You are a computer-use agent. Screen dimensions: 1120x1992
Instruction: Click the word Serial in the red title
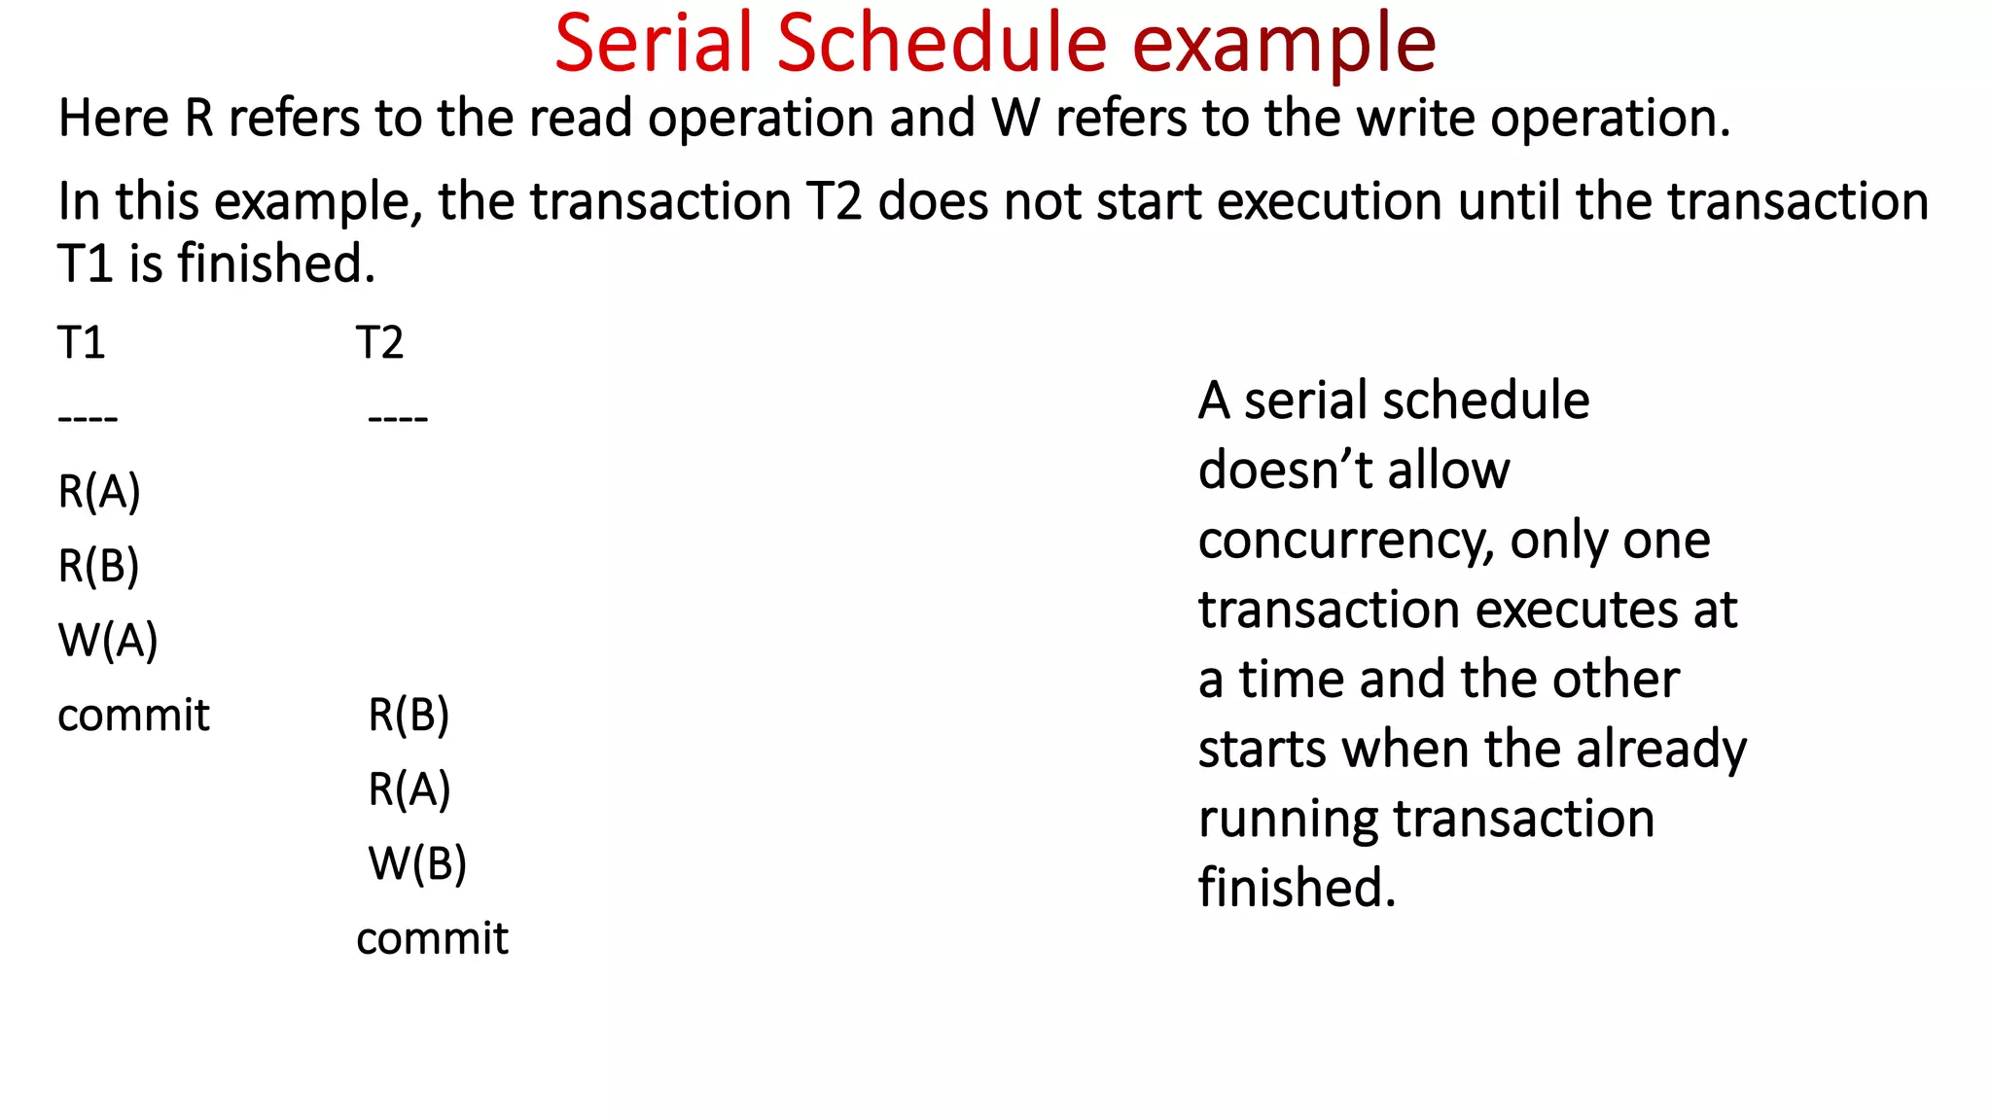(x=654, y=44)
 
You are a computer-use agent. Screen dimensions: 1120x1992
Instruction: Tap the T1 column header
(x=81, y=343)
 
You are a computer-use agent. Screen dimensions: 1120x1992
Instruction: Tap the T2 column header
(x=379, y=343)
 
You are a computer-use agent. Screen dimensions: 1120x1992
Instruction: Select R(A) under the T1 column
(x=99, y=492)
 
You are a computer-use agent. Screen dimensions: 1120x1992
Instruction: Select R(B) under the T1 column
(x=99, y=566)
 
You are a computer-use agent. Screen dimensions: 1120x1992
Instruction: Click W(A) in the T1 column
(x=108, y=641)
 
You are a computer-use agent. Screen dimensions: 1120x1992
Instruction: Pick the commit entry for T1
(x=133, y=716)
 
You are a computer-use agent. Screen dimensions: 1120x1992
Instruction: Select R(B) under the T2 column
(x=409, y=716)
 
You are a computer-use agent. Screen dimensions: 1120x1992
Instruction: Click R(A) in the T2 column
(x=409, y=789)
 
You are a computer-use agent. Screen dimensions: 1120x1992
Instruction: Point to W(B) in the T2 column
(x=417, y=863)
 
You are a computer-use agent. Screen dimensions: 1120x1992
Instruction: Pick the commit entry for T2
(x=432, y=939)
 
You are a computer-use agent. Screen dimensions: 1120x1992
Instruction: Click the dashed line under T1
(x=88, y=419)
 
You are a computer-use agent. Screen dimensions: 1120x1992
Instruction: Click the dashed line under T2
(x=398, y=419)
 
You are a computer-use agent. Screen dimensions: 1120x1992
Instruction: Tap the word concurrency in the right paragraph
(x=1345, y=541)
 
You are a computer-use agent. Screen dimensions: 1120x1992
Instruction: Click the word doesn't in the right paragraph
(x=1283, y=471)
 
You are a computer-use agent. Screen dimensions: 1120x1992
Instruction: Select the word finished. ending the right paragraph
(x=1297, y=888)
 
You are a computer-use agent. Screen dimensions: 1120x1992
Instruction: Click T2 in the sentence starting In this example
(x=835, y=202)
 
